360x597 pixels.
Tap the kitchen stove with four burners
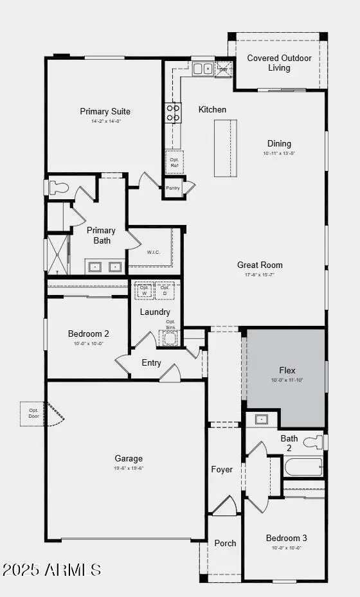pos(173,112)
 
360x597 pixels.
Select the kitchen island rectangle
pos(225,148)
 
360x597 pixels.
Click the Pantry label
pos(173,188)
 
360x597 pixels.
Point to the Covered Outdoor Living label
pos(279,63)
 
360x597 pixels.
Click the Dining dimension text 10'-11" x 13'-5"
pos(279,154)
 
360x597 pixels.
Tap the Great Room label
pos(260,265)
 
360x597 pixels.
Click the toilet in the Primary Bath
pos(59,188)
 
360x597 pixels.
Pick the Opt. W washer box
pos(144,290)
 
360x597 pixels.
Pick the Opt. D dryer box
pos(165,290)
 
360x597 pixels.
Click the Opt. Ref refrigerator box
pos(174,163)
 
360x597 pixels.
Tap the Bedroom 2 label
pos(89,334)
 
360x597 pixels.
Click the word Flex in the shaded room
pos(287,370)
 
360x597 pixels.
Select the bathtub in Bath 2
pos(303,467)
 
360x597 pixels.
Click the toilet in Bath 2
pos(313,442)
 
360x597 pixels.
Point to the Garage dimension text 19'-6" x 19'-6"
pos(129,468)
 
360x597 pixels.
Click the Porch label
pos(225,543)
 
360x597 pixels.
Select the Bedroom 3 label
pos(287,538)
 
